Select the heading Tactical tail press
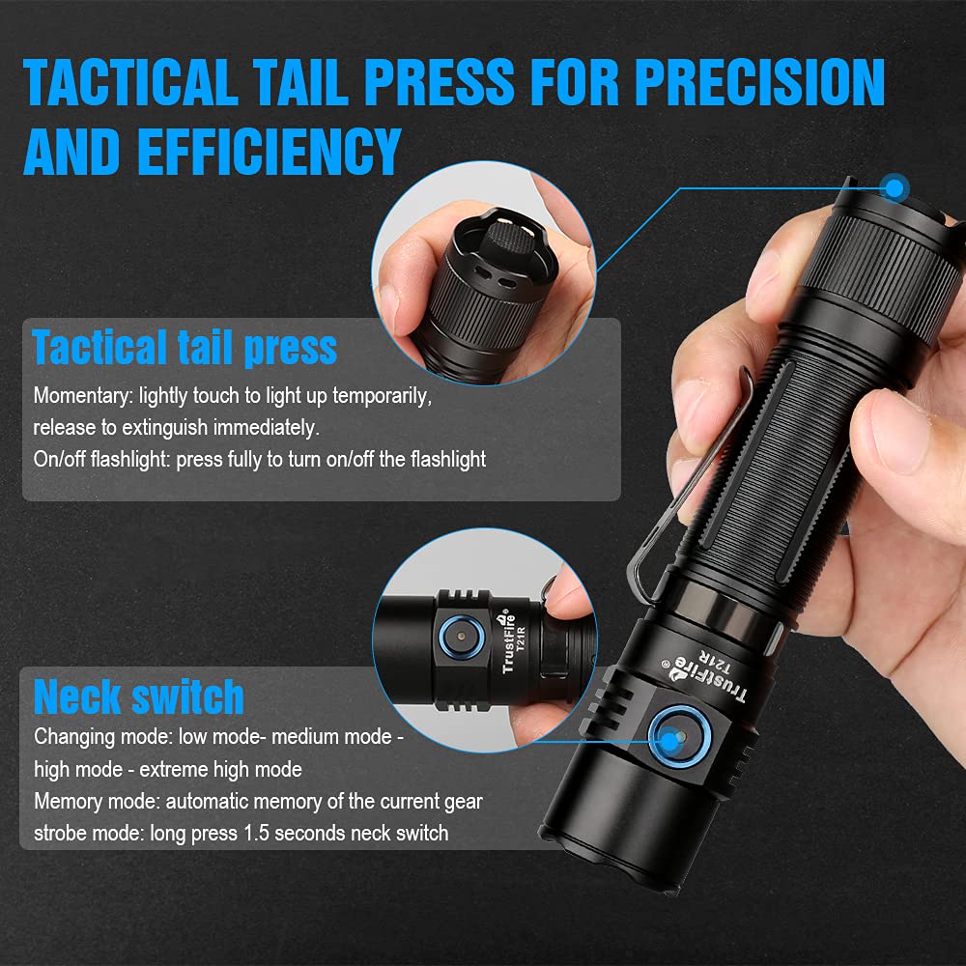pyautogui.click(x=185, y=348)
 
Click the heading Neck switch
pyautogui.click(x=139, y=696)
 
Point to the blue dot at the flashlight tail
pyautogui.click(x=895, y=187)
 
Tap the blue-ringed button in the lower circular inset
pyautogui.click(x=460, y=639)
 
